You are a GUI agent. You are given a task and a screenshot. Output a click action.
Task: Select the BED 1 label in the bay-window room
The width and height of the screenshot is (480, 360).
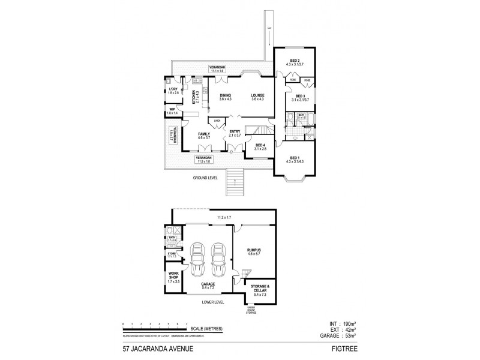click(295, 158)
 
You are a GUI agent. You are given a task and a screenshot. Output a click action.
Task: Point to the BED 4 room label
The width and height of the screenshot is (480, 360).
click(260, 145)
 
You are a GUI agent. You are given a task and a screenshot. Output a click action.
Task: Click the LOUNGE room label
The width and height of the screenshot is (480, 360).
click(258, 95)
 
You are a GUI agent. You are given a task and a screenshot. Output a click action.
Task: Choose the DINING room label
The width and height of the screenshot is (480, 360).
click(226, 95)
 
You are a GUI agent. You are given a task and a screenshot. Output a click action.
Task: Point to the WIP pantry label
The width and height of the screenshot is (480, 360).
click(172, 109)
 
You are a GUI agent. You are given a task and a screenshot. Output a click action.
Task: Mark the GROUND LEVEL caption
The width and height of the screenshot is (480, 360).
click(205, 178)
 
